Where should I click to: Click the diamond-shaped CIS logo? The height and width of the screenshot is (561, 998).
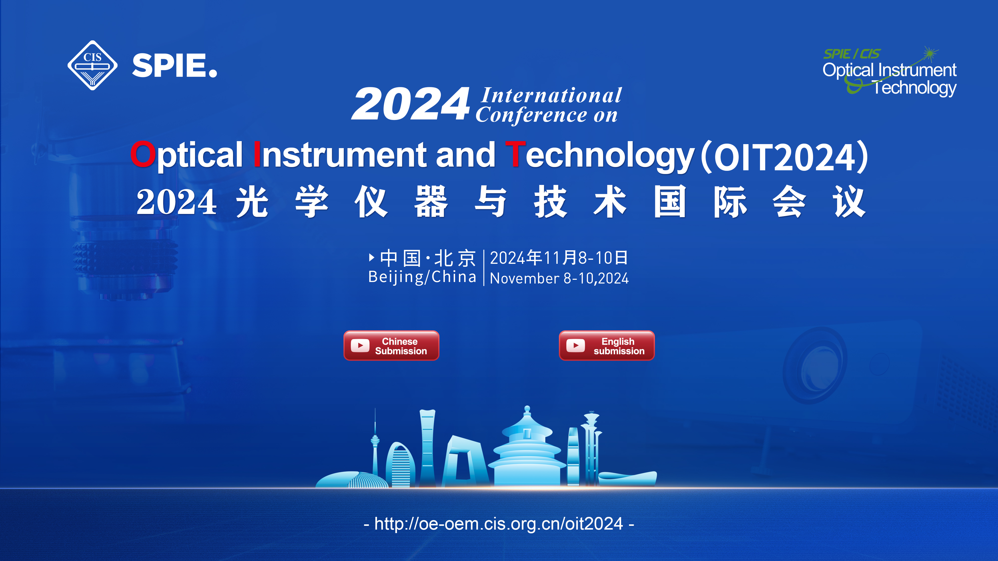(x=92, y=65)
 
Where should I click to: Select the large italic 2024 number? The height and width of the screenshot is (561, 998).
(x=411, y=104)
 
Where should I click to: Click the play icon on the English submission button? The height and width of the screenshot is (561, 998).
(x=576, y=345)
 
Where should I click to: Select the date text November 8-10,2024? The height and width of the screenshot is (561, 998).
(x=559, y=278)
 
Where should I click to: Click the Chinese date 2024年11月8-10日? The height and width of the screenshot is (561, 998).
(x=559, y=258)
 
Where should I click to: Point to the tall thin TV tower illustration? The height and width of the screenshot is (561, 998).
(x=375, y=445)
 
